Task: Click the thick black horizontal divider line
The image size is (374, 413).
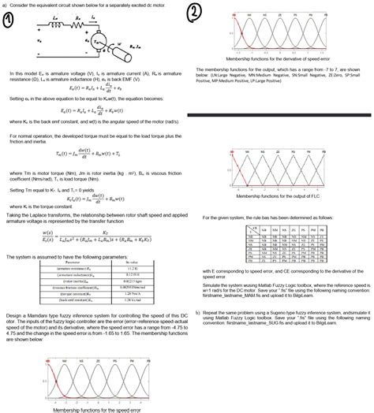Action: point(279,116)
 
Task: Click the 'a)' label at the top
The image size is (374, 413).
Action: point(7,5)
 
